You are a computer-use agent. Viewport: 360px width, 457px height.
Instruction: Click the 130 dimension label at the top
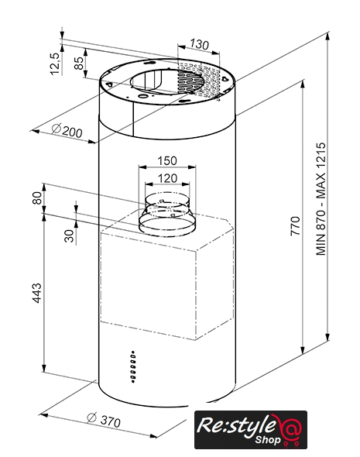click(x=199, y=45)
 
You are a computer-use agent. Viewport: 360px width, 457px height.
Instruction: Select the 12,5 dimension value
click(x=55, y=64)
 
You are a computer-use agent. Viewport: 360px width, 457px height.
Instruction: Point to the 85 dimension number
click(x=78, y=63)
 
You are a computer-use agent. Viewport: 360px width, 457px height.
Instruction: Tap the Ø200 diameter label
click(x=67, y=130)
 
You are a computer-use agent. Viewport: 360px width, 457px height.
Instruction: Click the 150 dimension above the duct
click(x=167, y=160)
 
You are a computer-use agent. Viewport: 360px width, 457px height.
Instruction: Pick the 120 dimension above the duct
click(x=167, y=178)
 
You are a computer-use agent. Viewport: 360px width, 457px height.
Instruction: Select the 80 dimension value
click(x=37, y=198)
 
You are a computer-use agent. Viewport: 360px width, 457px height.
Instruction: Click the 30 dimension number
click(x=70, y=235)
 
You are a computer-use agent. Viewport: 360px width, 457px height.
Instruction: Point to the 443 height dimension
click(x=36, y=293)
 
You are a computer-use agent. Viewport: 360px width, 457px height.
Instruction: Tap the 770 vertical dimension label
click(x=295, y=226)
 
